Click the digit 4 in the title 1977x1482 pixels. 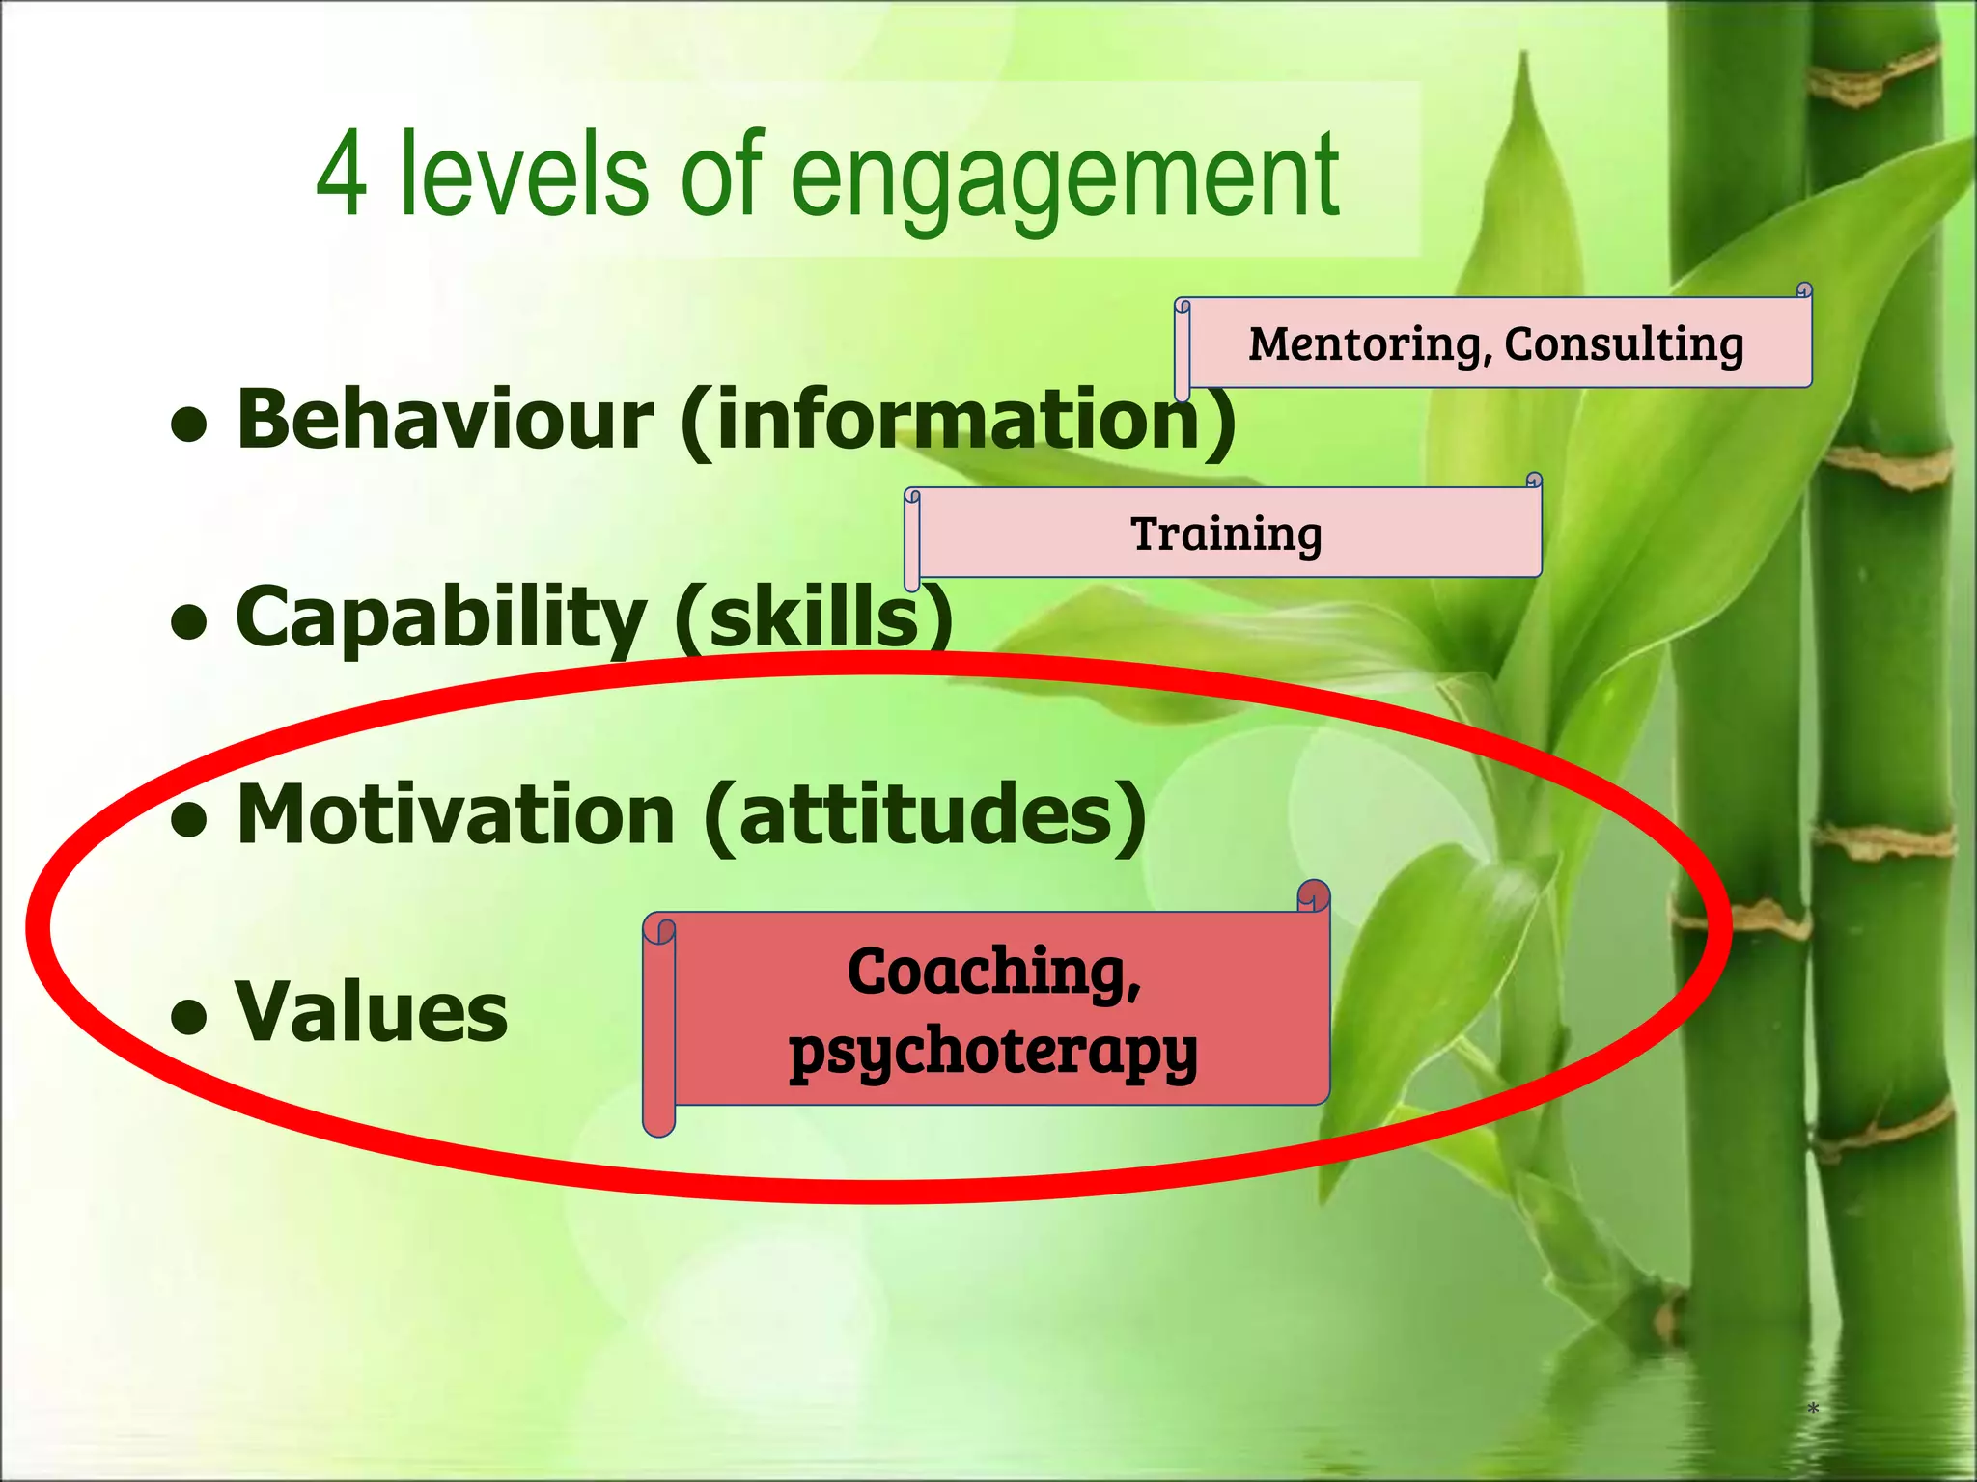pos(342,177)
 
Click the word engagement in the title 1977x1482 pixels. pos(1065,178)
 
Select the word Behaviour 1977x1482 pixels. pos(444,420)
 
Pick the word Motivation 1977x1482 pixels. pos(456,815)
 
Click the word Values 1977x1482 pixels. pos(372,1012)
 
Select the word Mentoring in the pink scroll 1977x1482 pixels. pos(1362,344)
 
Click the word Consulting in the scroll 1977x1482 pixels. pos(1624,344)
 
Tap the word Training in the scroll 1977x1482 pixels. pos(1226,535)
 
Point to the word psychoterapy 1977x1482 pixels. pos(992,1052)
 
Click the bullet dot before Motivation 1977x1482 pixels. pos(190,819)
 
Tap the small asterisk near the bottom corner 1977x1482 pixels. pos(1813,1410)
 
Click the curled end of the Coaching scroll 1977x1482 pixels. pos(1313,895)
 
